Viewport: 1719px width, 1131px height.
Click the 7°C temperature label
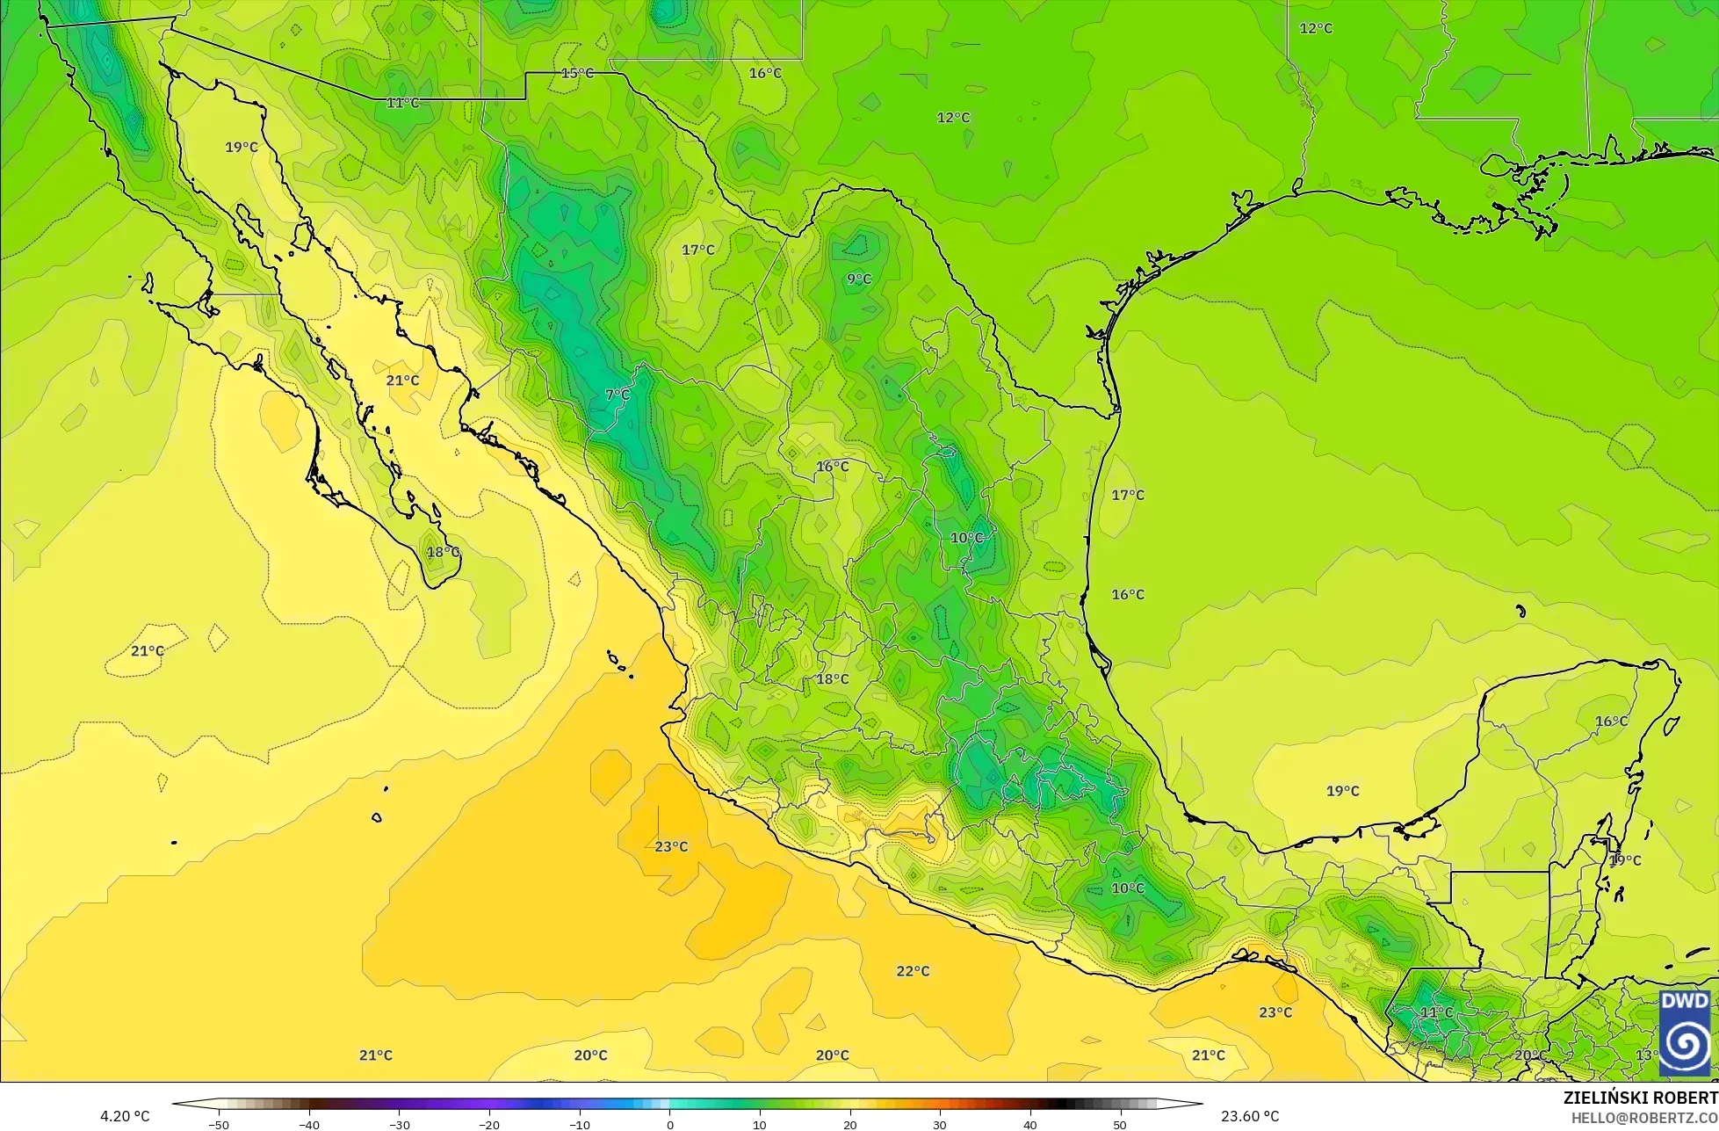click(x=618, y=395)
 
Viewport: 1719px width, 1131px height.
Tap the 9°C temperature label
click(x=858, y=279)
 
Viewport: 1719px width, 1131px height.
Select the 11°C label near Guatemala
click(x=1436, y=1012)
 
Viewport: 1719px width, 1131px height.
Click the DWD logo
click(x=1685, y=1033)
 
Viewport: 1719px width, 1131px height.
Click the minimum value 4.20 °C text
click(x=125, y=1116)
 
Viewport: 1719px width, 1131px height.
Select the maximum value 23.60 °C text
click(x=1250, y=1116)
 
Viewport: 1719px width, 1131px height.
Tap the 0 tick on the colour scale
click(x=669, y=1124)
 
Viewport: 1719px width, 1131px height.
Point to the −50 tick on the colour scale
click(x=219, y=1124)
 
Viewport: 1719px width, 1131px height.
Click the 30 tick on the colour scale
click(x=939, y=1124)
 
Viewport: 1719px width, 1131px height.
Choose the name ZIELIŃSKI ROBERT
click(x=1640, y=1098)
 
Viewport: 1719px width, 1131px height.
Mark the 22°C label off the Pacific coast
click(x=913, y=971)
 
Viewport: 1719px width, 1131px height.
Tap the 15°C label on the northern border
click(x=577, y=73)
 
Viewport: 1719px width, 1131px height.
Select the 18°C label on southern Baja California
click(x=443, y=552)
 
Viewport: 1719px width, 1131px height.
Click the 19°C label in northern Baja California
click(x=241, y=147)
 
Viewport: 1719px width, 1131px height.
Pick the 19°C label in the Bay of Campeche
click(x=1342, y=791)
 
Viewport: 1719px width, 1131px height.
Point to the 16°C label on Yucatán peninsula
click(x=1611, y=721)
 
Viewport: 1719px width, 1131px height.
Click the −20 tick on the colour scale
click(x=489, y=1124)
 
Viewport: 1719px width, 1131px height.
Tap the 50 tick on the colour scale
click(x=1119, y=1124)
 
